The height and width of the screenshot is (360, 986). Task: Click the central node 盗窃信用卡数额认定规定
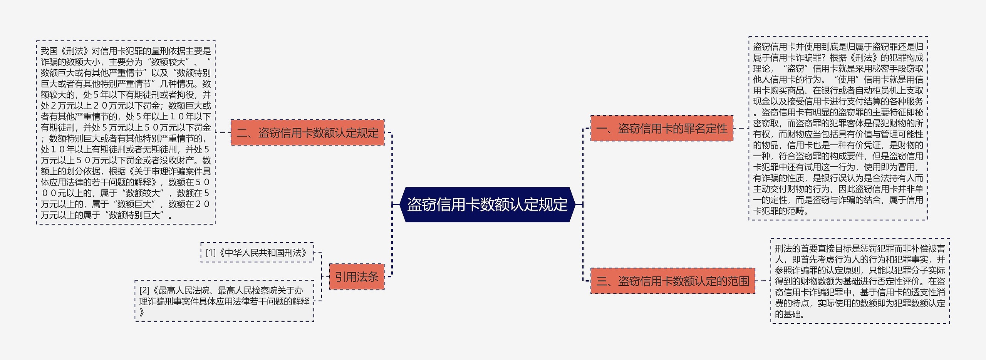487,204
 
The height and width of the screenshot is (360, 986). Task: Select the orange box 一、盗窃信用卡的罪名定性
661,129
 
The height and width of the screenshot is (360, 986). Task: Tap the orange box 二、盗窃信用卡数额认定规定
307,132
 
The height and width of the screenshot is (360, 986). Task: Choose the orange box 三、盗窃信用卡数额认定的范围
672,281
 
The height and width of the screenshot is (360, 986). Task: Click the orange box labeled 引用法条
357,276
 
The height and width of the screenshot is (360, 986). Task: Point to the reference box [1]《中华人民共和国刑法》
257,253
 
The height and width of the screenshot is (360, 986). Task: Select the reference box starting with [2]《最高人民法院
224,301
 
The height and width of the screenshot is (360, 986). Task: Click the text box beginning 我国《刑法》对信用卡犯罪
126,132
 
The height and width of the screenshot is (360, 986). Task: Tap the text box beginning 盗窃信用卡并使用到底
838,129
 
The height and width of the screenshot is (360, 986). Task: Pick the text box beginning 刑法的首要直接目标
860,281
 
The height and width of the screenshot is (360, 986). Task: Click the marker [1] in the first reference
211,253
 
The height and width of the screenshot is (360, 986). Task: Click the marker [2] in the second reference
144,290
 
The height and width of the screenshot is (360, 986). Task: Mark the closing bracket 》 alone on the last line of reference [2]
142,312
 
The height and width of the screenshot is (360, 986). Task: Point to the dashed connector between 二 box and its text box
223,132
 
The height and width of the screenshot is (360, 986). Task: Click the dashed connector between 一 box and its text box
741,128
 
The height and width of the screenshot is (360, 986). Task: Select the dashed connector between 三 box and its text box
763,281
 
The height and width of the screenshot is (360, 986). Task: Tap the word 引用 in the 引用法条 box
345,277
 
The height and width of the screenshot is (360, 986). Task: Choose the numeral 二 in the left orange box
242,133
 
